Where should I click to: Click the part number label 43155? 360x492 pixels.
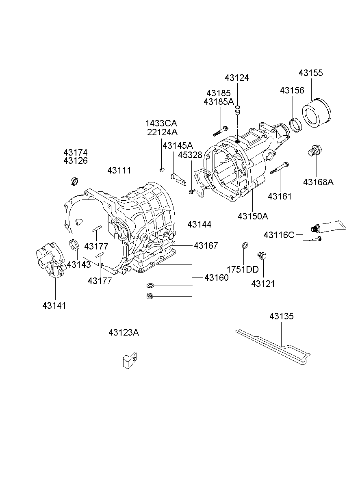tap(311, 73)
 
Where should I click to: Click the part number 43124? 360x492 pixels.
tap(236, 78)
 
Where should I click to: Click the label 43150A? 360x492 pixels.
tap(253, 216)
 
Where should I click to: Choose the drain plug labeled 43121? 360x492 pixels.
tap(262, 256)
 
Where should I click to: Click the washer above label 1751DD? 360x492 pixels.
tap(245, 245)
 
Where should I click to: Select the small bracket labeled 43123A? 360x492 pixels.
tap(129, 360)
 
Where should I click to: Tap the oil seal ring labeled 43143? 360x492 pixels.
tap(74, 245)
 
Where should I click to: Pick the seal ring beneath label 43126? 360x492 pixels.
tap(75, 181)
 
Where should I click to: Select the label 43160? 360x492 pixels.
tap(216, 277)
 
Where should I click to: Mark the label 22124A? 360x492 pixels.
tap(162, 132)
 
